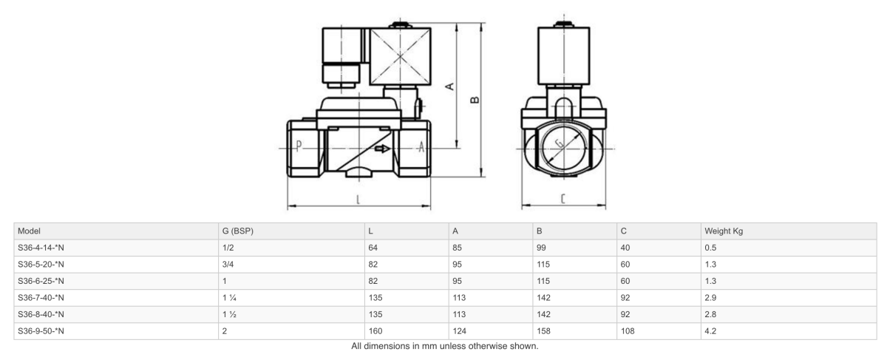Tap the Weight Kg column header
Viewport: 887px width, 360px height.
tap(726, 231)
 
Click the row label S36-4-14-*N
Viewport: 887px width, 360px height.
tap(41, 248)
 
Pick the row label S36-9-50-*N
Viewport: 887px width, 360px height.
tap(41, 332)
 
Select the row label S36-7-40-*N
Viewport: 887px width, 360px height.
tap(41, 298)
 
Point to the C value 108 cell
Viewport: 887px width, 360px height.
tap(629, 332)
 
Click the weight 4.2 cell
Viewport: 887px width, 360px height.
tap(711, 332)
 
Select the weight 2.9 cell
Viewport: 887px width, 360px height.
tap(711, 298)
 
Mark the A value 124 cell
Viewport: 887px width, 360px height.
tap(460, 332)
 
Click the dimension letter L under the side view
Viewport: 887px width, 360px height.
tap(358, 199)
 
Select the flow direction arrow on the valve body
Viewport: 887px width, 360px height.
tap(382, 149)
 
